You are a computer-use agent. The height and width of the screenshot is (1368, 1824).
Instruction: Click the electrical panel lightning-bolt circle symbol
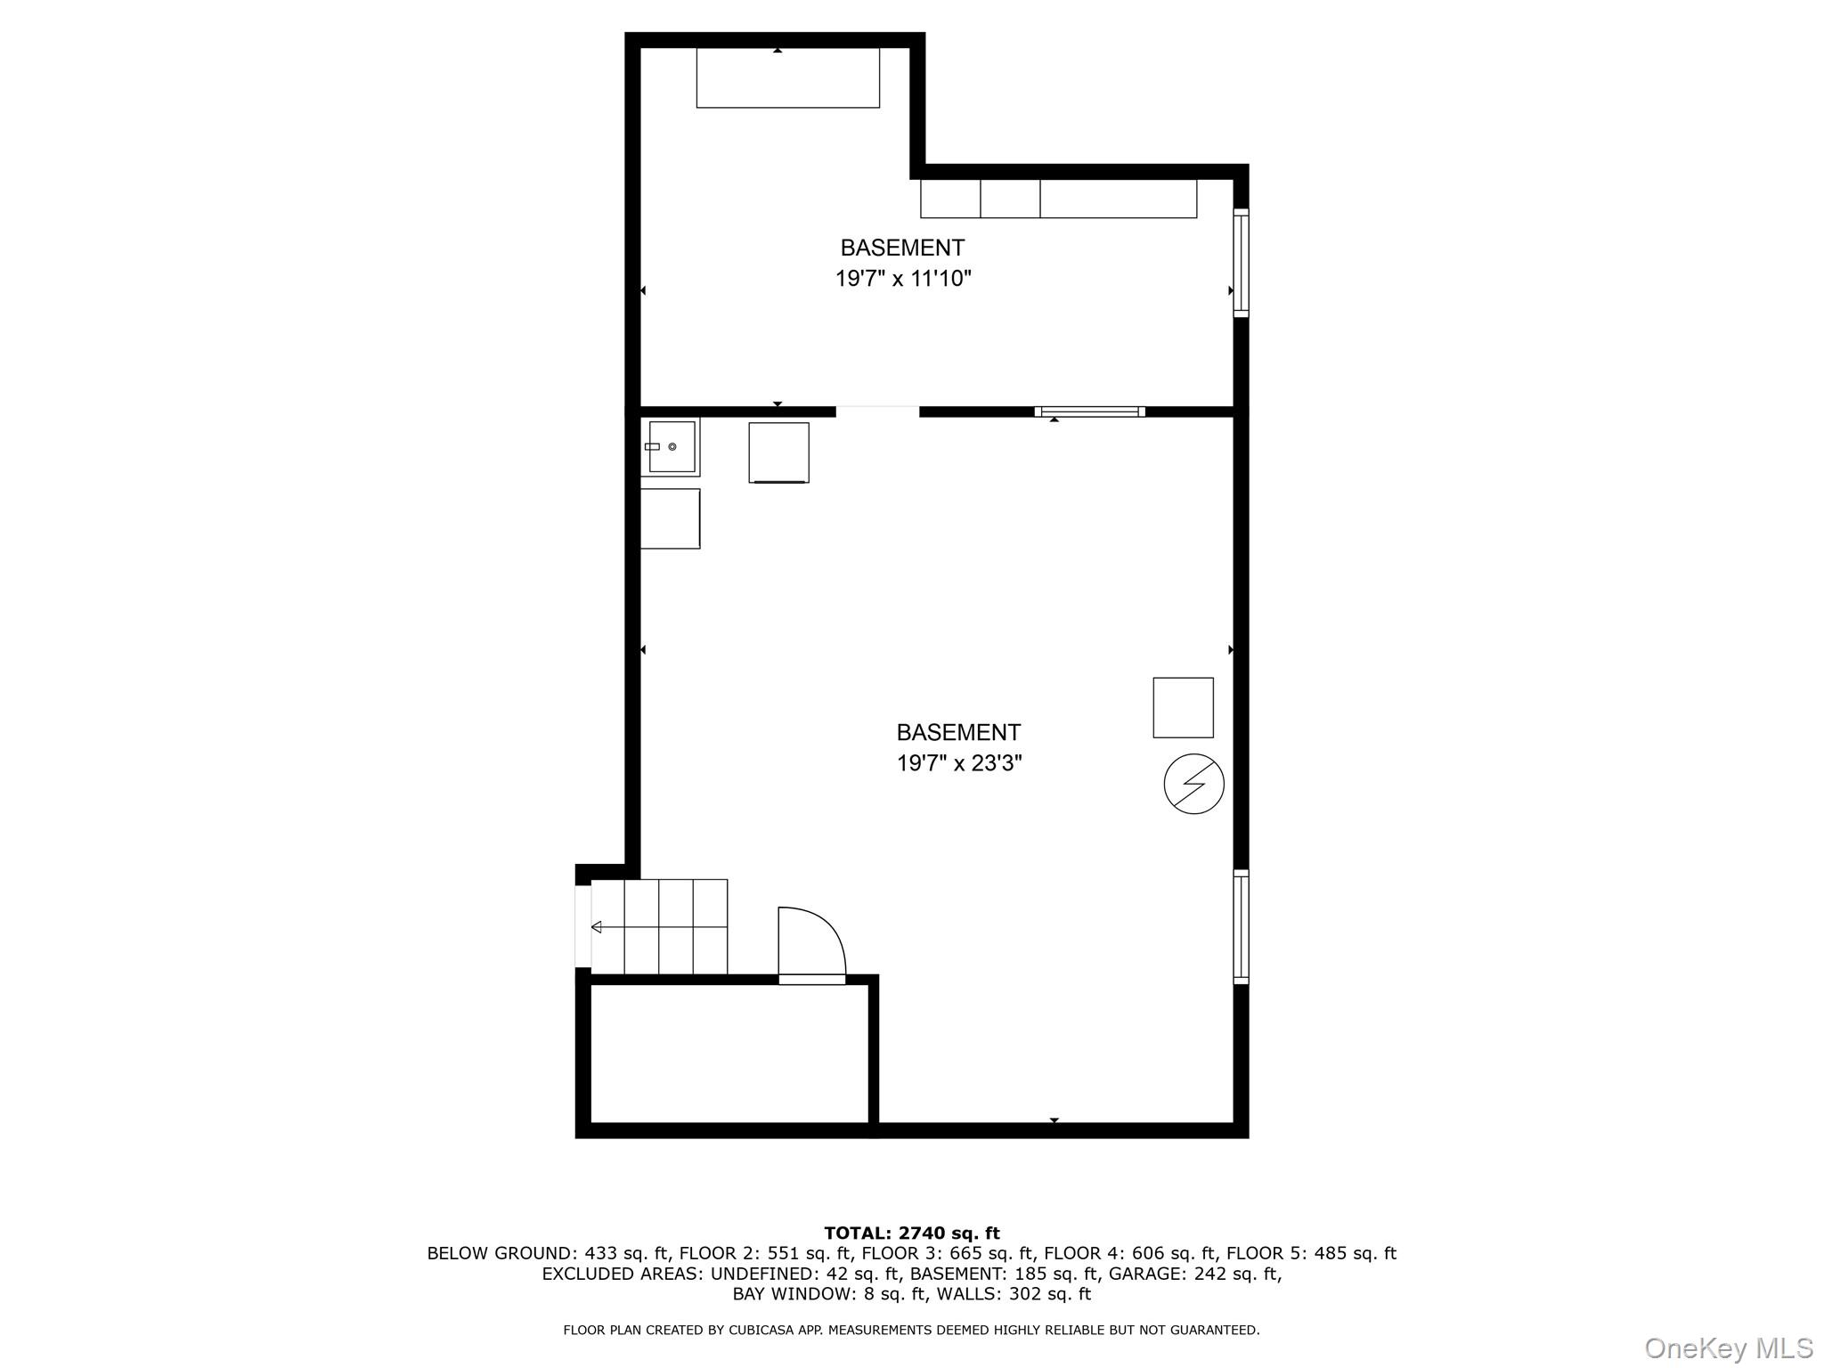pos(1193,784)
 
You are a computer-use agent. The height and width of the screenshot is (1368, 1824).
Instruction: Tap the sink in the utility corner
pos(671,447)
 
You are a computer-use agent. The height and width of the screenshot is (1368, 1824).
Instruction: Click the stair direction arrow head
pos(596,927)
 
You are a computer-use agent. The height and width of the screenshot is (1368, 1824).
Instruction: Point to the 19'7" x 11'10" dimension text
pos(902,279)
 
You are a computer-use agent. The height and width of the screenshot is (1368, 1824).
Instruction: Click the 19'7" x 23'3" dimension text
pos(958,763)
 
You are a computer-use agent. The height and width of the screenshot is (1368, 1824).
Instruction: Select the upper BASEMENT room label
pos(902,248)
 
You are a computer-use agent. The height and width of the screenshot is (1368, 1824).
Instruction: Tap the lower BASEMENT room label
pos(958,732)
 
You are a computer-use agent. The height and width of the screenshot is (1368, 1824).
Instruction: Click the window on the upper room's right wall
pos(1241,263)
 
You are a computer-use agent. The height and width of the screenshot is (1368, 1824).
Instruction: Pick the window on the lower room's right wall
pos(1241,926)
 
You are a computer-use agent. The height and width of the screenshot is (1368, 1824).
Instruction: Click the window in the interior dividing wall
pos(1089,411)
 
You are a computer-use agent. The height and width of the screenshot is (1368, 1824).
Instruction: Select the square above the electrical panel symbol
pos(1183,707)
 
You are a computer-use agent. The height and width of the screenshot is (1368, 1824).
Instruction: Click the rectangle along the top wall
pos(788,77)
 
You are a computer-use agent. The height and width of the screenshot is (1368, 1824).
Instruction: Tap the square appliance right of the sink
pos(778,452)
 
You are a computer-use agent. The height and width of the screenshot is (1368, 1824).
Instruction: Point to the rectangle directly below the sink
pos(671,518)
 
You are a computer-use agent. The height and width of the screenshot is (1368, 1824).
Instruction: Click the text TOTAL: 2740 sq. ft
pos(912,1234)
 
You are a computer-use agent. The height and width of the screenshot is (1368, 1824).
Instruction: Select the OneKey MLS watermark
pos(1729,1348)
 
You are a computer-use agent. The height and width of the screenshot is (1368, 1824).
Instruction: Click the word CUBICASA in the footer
pos(761,1331)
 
